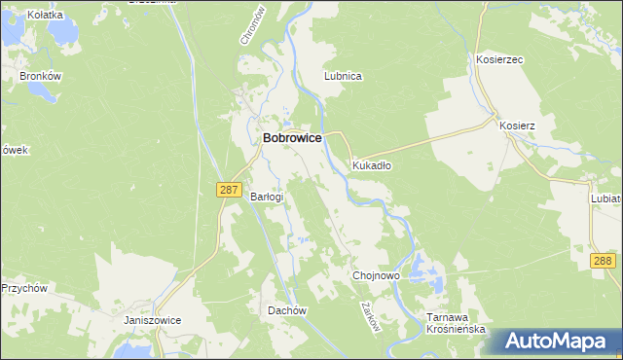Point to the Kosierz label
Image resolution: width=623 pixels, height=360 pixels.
coord(517,126)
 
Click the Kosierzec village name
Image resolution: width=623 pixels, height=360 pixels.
coord(499,59)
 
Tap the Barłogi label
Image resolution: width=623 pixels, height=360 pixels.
coord(267,197)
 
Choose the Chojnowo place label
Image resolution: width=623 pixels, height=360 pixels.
coord(376,276)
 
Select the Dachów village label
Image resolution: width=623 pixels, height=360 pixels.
coord(287,310)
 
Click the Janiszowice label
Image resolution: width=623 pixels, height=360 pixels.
coord(153,320)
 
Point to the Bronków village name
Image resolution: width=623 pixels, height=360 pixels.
coord(42,75)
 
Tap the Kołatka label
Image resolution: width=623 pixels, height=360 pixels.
coord(46,15)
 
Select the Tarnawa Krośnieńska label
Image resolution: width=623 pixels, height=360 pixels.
coord(456,324)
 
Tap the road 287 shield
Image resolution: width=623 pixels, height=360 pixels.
coord(228,191)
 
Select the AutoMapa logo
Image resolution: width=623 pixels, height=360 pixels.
coord(559,341)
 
